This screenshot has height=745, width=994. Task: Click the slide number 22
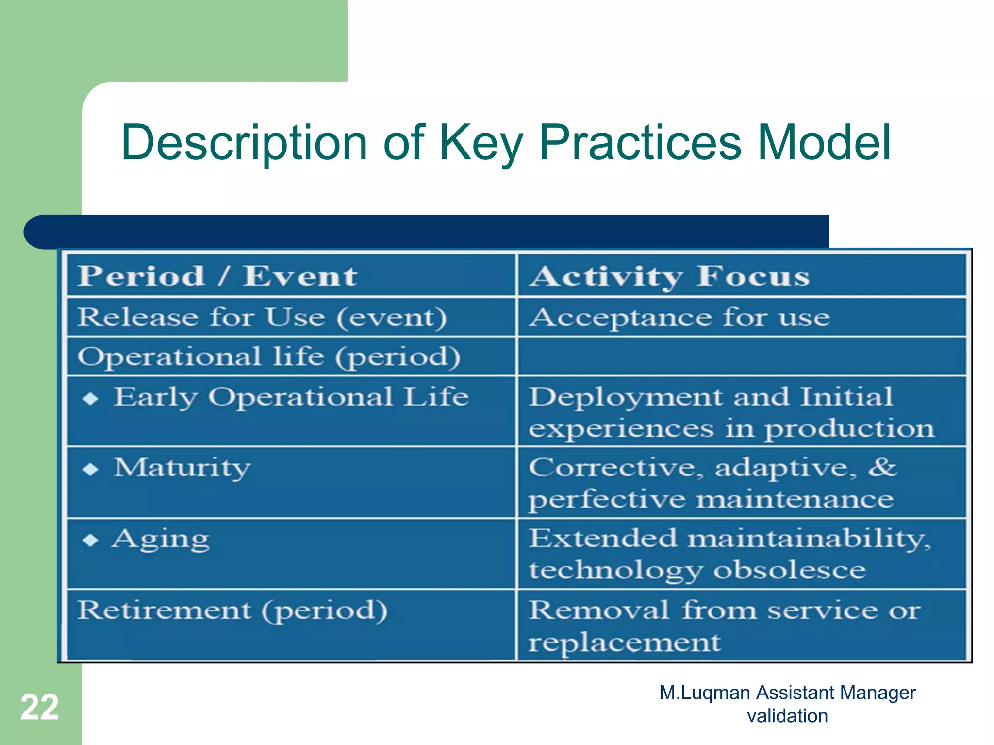[x=39, y=707]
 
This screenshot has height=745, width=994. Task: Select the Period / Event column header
[x=217, y=276]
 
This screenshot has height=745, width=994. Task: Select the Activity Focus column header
[x=670, y=276]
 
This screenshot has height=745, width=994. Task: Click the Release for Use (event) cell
[x=262, y=318]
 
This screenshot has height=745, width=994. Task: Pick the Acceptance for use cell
[x=679, y=318]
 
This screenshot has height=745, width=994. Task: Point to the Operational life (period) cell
[x=268, y=357]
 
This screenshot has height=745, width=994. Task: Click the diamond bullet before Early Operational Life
[x=90, y=399]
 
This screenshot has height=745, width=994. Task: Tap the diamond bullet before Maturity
[x=90, y=469]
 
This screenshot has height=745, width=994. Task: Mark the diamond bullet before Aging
[x=90, y=540]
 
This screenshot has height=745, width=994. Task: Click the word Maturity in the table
[x=182, y=468]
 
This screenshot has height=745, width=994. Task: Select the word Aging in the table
[x=160, y=539]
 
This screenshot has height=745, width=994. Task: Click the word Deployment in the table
[x=625, y=397]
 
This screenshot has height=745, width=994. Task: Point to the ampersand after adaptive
[x=882, y=467]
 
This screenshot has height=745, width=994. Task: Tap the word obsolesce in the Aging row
[x=789, y=570]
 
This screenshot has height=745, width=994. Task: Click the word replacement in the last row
[x=624, y=642]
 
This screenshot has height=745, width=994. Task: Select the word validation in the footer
[x=787, y=716]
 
